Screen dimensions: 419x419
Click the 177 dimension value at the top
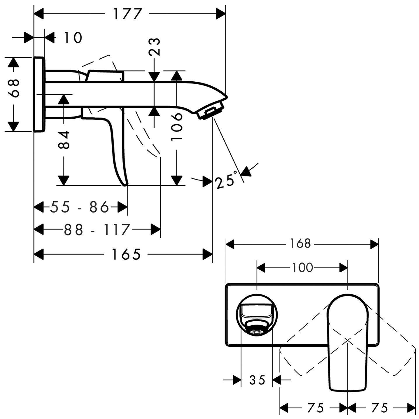coord(127,14)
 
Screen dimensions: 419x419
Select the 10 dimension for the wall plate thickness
coord(73,38)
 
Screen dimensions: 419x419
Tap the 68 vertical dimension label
coord(13,88)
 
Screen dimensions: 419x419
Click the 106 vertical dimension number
coord(177,127)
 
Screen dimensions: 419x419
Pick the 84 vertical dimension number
coord(64,140)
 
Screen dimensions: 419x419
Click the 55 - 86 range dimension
coord(80,207)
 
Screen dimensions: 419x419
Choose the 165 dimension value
coord(126,254)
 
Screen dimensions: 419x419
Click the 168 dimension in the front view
coord(301,243)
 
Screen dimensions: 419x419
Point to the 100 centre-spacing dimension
coord(302,267)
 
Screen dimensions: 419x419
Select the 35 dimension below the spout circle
coord(257,380)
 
